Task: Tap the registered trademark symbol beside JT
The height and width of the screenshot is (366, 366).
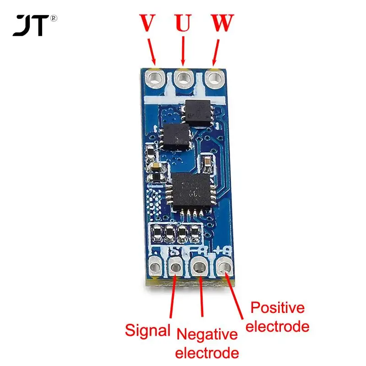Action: click(x=54, y=19)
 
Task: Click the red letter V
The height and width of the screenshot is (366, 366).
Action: click(x=146, y=23)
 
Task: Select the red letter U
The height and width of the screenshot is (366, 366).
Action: click(x=183, y=23)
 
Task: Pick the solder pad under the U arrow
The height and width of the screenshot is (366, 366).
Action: click(x=184, y=78)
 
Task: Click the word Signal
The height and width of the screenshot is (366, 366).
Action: click(x=147, y=330)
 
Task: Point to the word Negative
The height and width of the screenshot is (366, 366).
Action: click(x=207, y=334)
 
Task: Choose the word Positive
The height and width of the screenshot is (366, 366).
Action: click(x=277, y=307)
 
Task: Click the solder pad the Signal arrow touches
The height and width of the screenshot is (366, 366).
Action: click(x=176, y=266)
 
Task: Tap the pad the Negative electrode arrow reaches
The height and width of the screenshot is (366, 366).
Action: click(x=200, y=266)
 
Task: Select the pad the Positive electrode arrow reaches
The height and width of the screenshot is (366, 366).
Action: click(x=224, y=265)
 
